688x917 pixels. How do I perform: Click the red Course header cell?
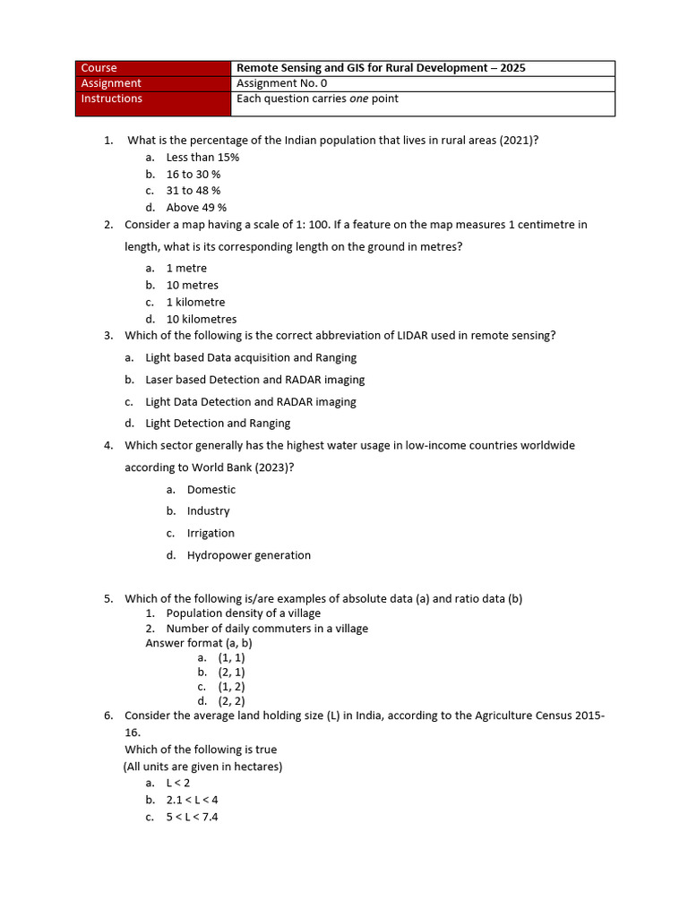coord(153,68)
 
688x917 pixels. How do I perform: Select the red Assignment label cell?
coord(153,83)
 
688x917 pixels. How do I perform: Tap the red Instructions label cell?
coord(153,103)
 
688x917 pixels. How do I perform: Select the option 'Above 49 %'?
coord(196,208)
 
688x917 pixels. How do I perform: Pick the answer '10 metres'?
coord(192,286)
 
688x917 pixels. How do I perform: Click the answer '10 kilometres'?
coord(202,320)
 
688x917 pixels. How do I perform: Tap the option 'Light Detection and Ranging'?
coord(218,424)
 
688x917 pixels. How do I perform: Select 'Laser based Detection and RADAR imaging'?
coord(254,380)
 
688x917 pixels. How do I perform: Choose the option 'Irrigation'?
coord(211,534)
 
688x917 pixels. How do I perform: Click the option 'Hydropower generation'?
coord(248,555)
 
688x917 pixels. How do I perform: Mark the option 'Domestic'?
coord(211,490)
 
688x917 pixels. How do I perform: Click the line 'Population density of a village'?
coord(243,613)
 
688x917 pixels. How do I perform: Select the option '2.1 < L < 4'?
coord(192,800)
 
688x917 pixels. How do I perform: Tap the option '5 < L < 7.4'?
coord(192,817)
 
